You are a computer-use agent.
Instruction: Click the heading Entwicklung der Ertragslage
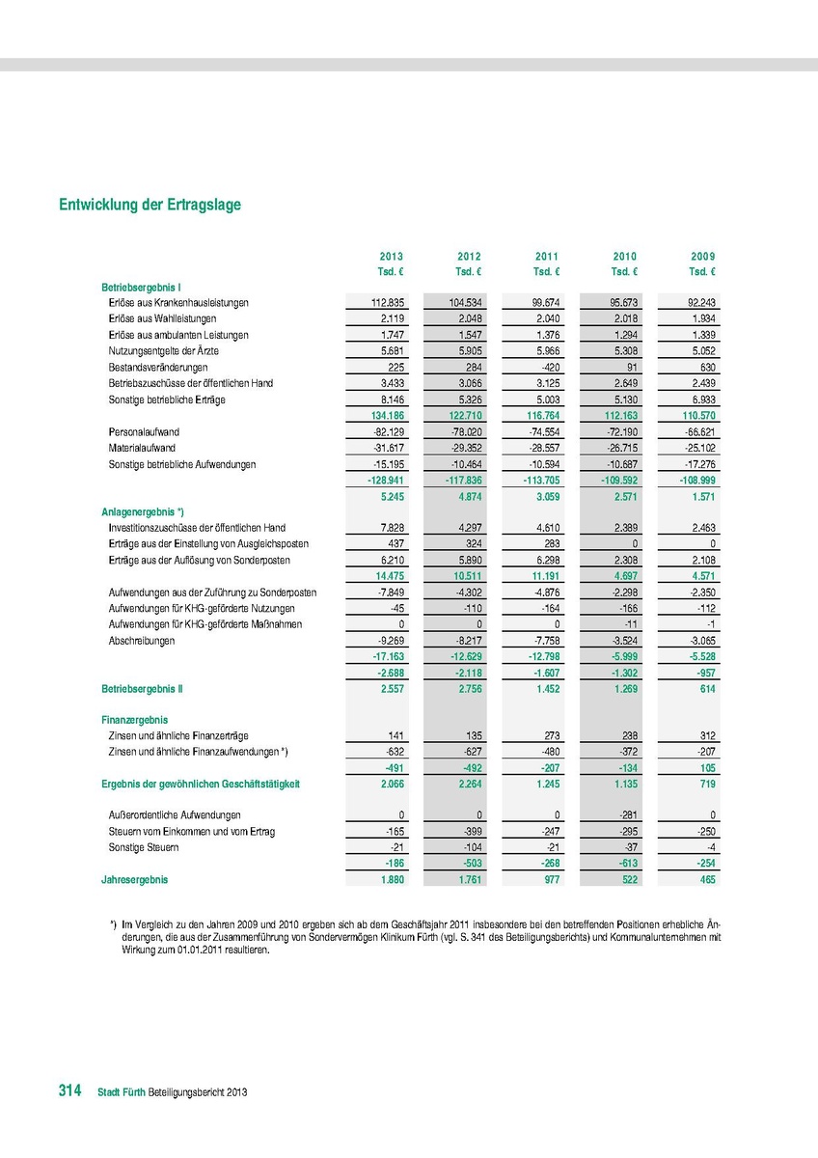150,206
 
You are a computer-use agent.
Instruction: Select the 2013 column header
391,256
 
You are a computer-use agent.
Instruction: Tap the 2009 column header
703,256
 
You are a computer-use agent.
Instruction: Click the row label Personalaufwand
145,432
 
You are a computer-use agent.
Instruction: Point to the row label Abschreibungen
142,641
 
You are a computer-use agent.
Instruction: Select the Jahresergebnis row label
134,880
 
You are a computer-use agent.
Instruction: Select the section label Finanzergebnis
135,720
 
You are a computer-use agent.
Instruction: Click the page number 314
69,1090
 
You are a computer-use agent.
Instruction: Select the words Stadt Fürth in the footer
123,1092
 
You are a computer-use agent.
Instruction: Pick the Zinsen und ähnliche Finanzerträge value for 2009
705,735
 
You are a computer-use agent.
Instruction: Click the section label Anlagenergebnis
142,511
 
